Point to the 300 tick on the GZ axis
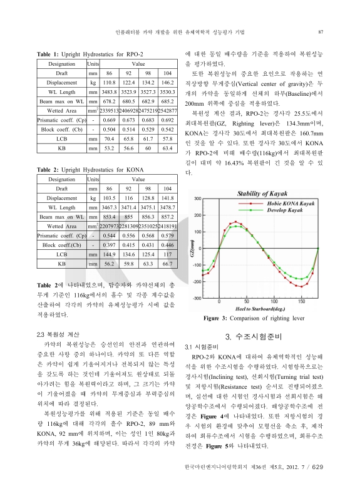pyautogui.click(x=198, y=199)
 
